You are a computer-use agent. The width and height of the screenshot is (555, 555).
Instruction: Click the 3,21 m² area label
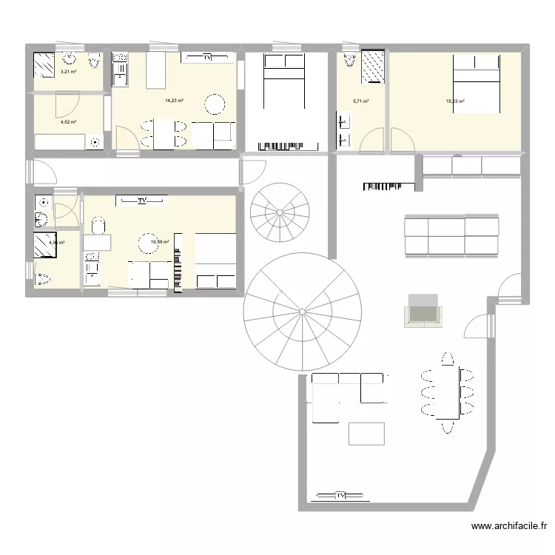[x=68, y=73]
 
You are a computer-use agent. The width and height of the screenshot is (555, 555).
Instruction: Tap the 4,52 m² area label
[x=69, y=122]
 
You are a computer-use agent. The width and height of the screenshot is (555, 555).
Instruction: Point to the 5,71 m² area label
[x=360, y=101]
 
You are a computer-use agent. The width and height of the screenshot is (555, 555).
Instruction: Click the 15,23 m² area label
[x=454, y=101]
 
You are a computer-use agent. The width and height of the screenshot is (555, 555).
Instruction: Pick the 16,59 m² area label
[x=161, y=241]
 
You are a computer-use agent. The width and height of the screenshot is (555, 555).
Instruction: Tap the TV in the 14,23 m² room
[x=207, y=56]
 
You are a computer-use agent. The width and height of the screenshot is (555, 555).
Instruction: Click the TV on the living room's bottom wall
[x=341, y=494]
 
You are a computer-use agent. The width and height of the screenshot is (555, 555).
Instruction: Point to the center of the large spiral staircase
[x=303, y=312]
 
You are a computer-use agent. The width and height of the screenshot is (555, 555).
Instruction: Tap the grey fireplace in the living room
[x=423, y=309]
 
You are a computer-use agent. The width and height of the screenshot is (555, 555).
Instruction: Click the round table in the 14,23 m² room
[x=215, y=104]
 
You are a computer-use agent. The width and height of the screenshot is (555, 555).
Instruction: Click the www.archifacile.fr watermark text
[x=508, y=527]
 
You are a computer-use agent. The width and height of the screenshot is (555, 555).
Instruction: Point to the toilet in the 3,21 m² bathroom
[x=94, y=61]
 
